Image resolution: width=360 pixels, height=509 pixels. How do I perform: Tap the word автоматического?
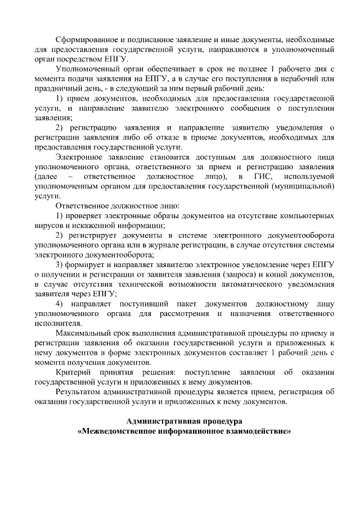click(x=217, y=285)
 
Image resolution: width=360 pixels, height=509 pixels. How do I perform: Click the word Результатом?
click(x=81, y=393)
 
